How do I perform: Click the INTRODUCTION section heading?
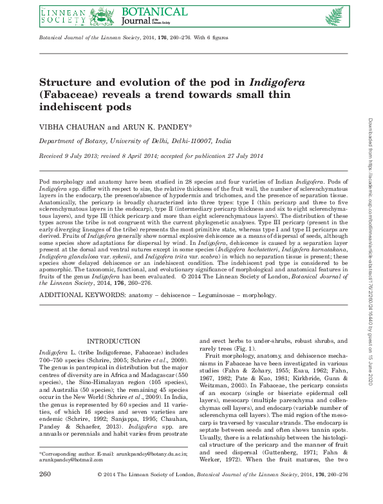113,341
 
